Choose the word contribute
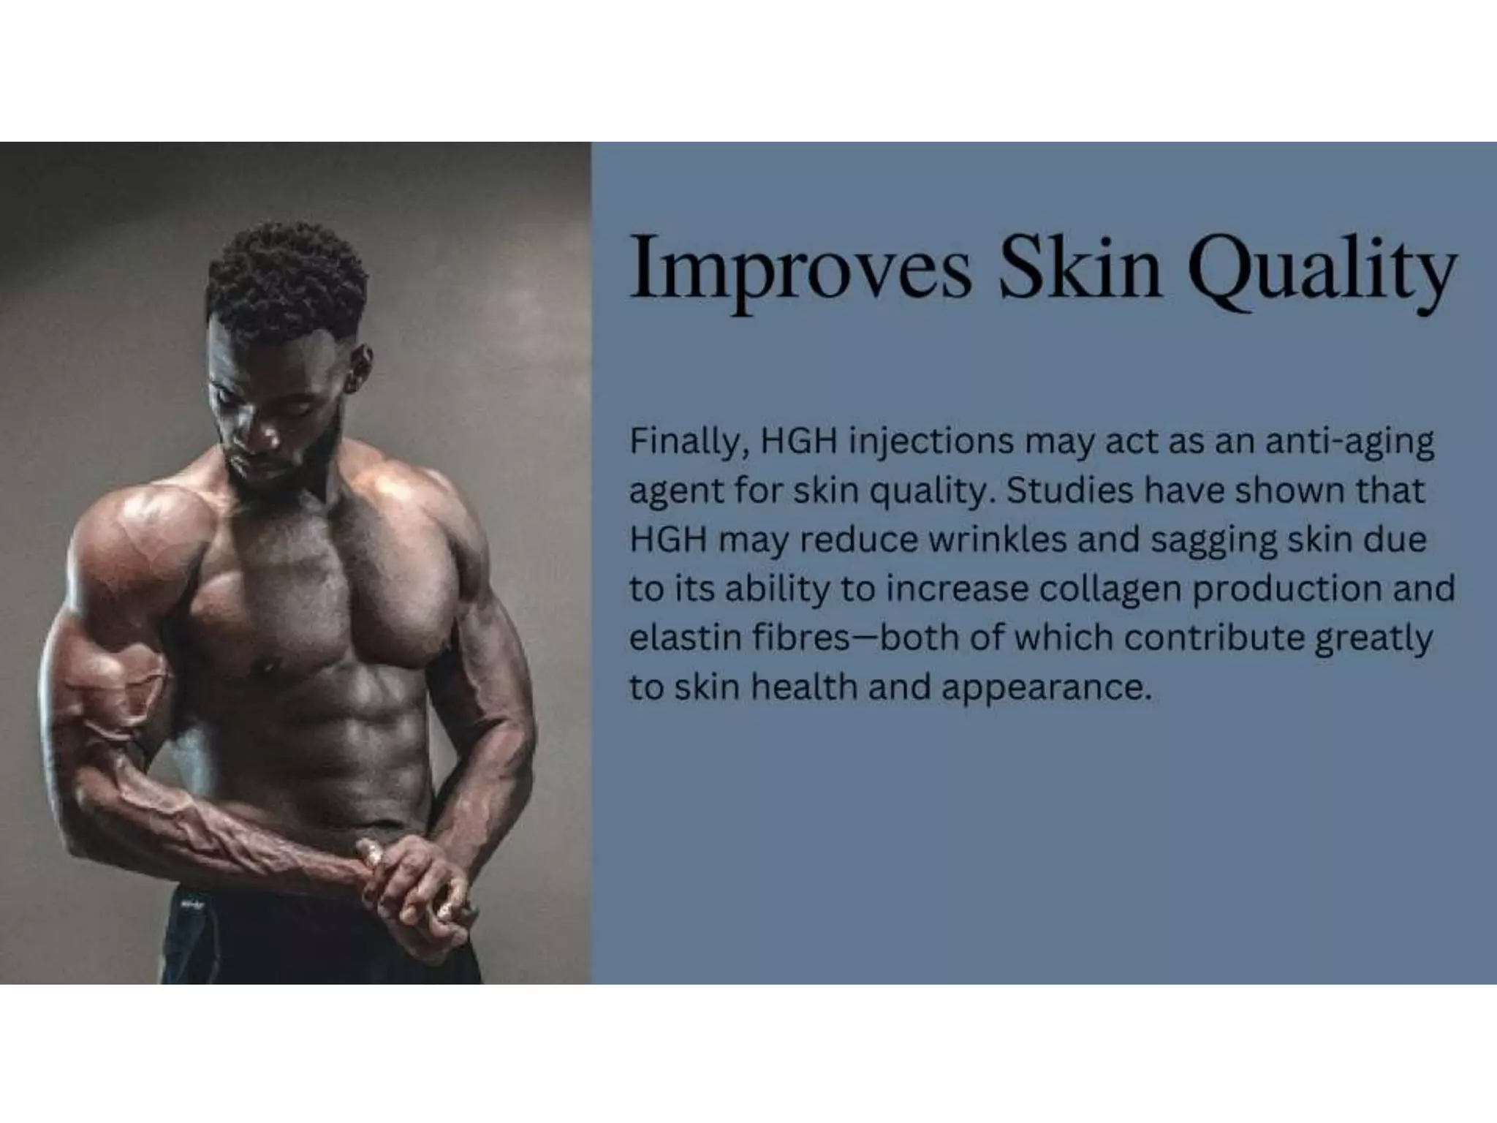click(x=1213, y=638)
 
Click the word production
click(x=1286, y=589)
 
